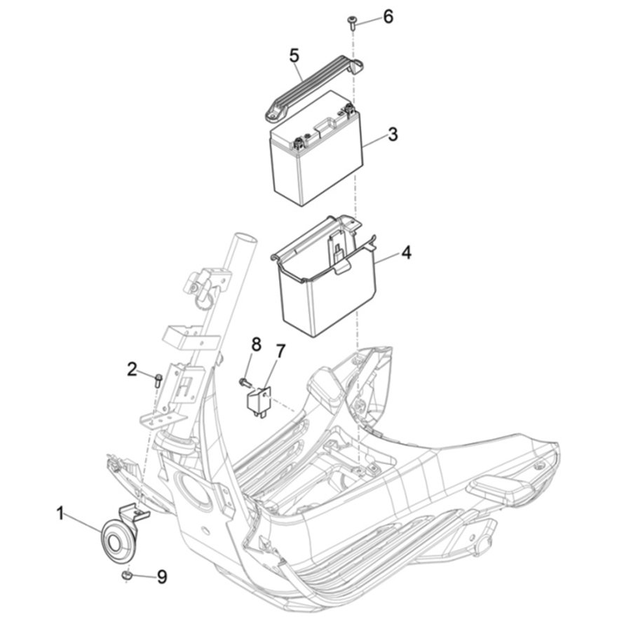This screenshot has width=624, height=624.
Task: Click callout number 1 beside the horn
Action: (60, 513)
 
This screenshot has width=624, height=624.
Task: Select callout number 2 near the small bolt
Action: (132, 369)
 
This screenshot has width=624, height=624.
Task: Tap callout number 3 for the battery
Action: (393, 135)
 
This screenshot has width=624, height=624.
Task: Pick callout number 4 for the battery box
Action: (406, 252)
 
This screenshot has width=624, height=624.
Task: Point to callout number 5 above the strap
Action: (294, 55)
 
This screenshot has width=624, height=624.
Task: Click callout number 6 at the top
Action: (388, 17)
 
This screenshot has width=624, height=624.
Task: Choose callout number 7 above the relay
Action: (280, 352)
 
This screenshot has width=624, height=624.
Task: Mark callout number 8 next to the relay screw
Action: (256, 345)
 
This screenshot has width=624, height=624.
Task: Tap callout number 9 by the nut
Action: (161, 577)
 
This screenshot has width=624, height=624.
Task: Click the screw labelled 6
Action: (351, 22)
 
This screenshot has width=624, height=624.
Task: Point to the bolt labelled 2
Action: (158, 381)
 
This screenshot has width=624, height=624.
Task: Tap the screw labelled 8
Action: (245, 383)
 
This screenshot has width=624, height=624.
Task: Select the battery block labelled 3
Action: (316, 148)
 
